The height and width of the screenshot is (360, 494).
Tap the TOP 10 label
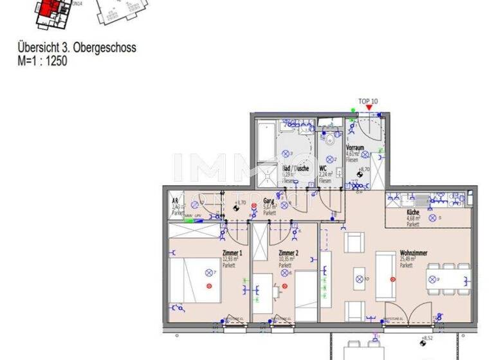369,102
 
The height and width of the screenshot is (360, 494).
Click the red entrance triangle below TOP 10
368,108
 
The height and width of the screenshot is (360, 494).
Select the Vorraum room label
355,147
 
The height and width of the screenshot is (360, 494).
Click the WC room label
324,169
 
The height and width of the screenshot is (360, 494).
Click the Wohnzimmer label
413,253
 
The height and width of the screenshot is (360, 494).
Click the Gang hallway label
268,201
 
